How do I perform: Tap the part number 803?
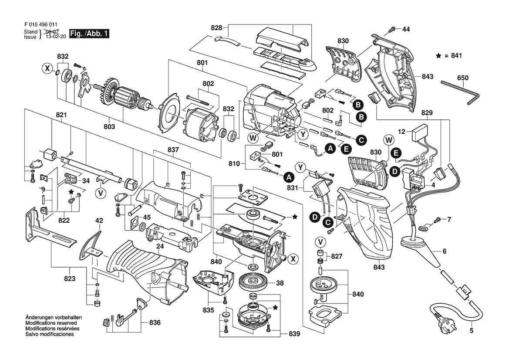(x=109, y=126)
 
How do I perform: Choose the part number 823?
(x=70, y=278)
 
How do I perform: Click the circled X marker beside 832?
(x=47, y=68)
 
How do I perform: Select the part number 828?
(x=216, y=27)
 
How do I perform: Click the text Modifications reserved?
(x=51, y=323)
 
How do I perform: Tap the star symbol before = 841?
(x=438, y=56)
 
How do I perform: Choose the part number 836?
(x=155, y=323)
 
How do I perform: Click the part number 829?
(x=427, y=113)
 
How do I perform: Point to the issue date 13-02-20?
(x=56, y=37)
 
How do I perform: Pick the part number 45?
(x=147, y=217)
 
